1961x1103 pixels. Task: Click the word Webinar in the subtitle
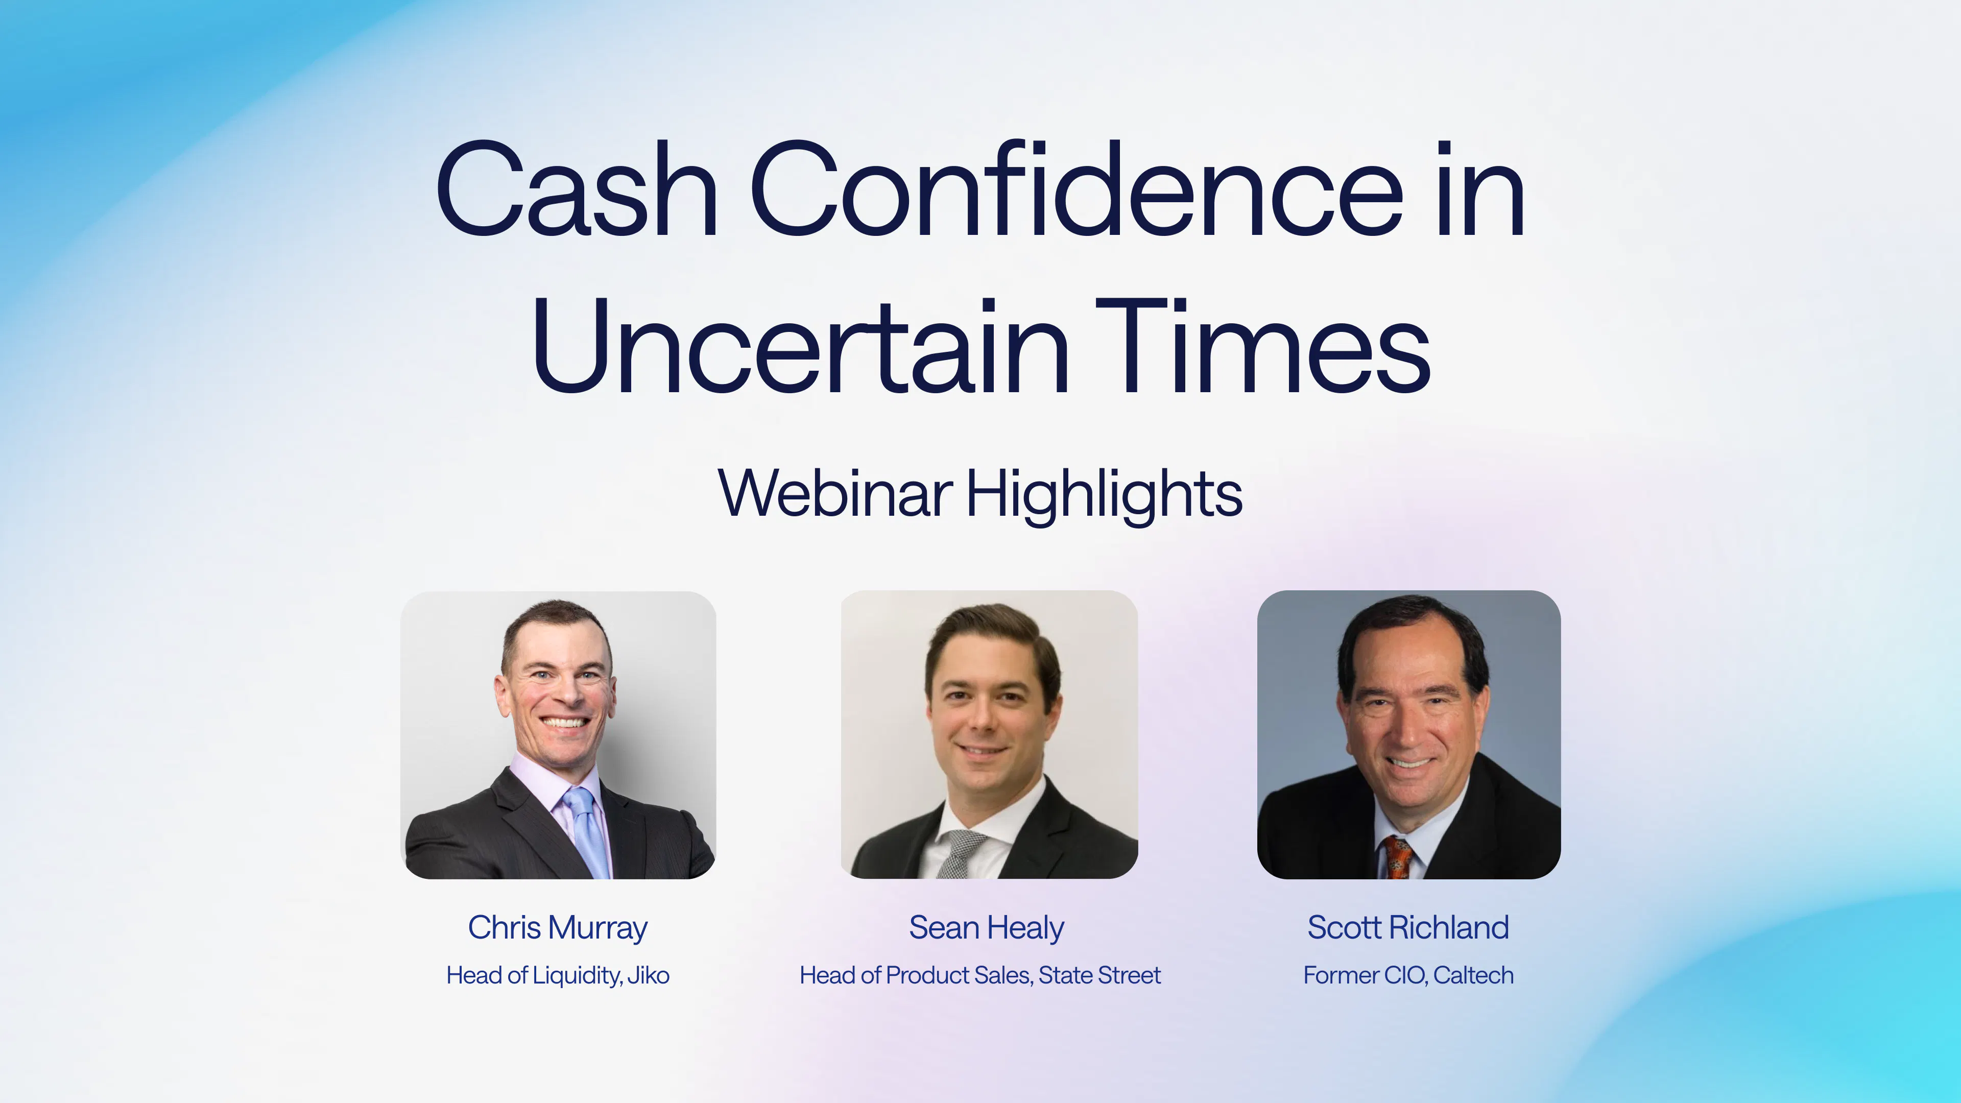835,493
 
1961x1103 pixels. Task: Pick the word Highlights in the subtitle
1105,495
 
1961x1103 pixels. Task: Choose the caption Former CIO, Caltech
1408,975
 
